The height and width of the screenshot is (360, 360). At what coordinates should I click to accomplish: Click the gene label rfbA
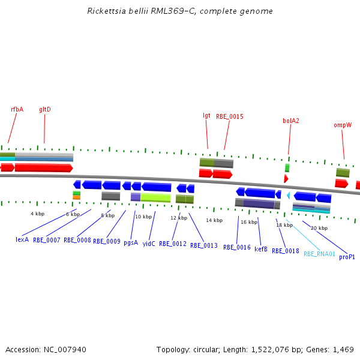(x=17, y=109)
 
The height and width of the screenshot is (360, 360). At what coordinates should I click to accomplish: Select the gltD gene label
(x=45, y=109)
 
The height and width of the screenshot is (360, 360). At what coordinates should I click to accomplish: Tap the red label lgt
(x=207, y=115)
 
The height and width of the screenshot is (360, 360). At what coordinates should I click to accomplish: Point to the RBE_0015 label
(x=230, y=116)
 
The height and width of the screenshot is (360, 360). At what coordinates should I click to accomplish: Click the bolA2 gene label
(x=291, y=121)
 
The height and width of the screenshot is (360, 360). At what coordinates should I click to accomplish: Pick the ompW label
(x=343, y=125)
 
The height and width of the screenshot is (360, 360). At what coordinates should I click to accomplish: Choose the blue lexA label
(x=22, y=239)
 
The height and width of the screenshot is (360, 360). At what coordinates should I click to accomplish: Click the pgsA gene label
(x=131, y=243)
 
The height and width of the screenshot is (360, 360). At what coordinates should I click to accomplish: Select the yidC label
(x=149, y=244)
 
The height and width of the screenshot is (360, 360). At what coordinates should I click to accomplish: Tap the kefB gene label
(x=261, y=249)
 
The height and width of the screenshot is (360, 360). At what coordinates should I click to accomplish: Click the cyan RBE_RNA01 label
(x=319, y=254)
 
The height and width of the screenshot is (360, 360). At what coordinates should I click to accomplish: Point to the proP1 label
(x=347, y=257)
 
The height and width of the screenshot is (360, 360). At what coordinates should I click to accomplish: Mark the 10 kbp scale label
(x=143, y=217)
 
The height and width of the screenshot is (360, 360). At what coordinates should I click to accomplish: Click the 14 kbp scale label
(x=214, y=220)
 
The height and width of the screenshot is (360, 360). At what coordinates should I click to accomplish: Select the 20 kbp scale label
(x=319, y=228)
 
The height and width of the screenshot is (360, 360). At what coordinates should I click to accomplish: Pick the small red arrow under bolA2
(x=286, y=179)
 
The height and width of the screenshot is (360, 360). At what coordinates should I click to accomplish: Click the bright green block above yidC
(x=155, y=197)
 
